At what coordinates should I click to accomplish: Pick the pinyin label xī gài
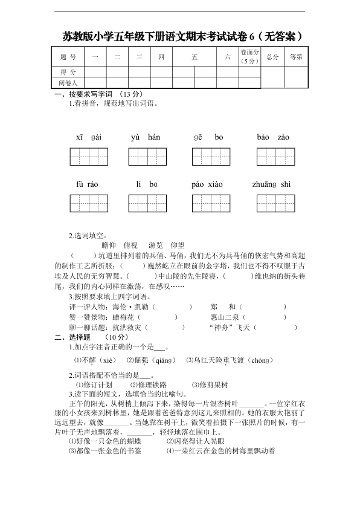[x=89, y=137]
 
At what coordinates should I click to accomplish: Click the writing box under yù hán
[x=146, y=157]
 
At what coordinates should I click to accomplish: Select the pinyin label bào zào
[x=272, y=137]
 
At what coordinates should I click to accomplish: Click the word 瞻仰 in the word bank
[x=109, y=245]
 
